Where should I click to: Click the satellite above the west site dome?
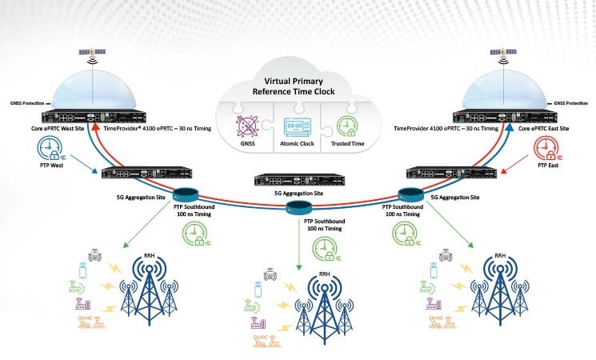92,52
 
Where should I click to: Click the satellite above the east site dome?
504,52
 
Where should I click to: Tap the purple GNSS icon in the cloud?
247,126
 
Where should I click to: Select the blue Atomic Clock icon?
298,127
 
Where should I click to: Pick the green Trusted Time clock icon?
347,126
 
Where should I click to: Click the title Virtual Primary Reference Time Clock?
294,86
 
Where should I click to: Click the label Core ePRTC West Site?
58,129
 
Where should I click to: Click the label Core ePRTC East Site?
543,129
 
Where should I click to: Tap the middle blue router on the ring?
299,208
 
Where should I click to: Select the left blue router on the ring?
186,194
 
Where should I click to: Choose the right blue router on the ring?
411,194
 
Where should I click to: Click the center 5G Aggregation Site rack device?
299,180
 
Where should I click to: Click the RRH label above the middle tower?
324,274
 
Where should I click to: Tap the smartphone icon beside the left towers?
82,270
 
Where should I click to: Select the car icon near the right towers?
446,255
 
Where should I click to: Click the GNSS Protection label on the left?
27,103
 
